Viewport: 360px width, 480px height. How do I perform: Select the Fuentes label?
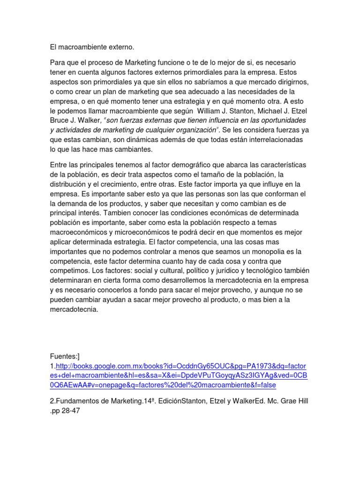[x=66, y=357]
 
